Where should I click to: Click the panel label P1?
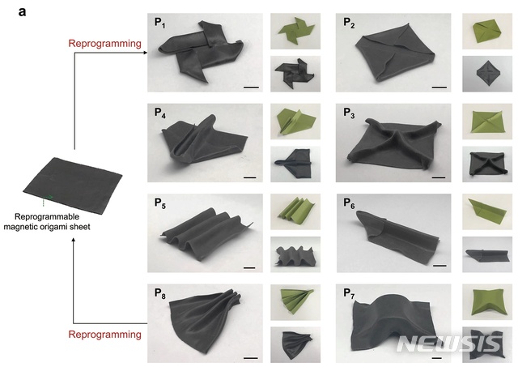point(159,23)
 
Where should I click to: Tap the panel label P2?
point(349,23)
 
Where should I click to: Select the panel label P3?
point(349,113)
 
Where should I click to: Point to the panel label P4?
point(160,113)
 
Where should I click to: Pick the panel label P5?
point(160,203)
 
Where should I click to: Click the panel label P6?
point(349,203)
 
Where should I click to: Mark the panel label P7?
point(349,293)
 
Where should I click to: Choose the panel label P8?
point(160,293)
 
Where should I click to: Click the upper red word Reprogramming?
point(104,44)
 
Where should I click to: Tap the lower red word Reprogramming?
point(104,335)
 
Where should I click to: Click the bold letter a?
point(22,12)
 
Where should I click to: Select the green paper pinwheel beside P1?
point(295,32)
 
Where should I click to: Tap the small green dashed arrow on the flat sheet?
point(47,199)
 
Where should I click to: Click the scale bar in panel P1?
point(251,87)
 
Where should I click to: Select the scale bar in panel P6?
point(439,266)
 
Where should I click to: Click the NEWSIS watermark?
point(449,344)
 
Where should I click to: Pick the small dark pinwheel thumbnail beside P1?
point(295,74)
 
